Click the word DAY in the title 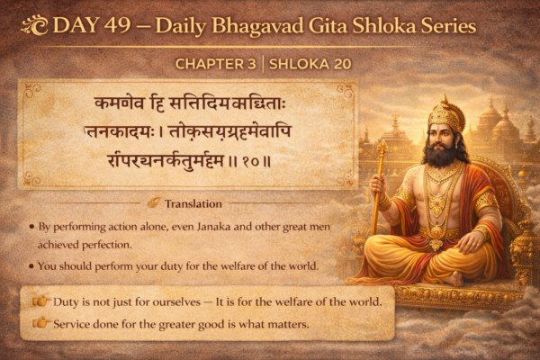click(x=78, y=26)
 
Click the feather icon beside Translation click(x=156, y=203)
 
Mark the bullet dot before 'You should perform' click(x=31, y=266)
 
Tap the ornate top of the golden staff click(x=382, y=146)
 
